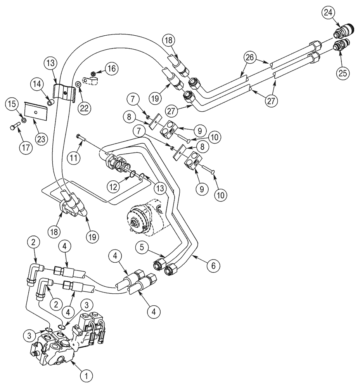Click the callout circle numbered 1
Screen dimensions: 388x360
(87, 375)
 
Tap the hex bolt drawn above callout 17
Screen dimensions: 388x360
(15, 126)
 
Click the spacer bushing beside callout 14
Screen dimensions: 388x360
(50, 102)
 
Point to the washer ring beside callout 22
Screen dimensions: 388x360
(78, 83)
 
